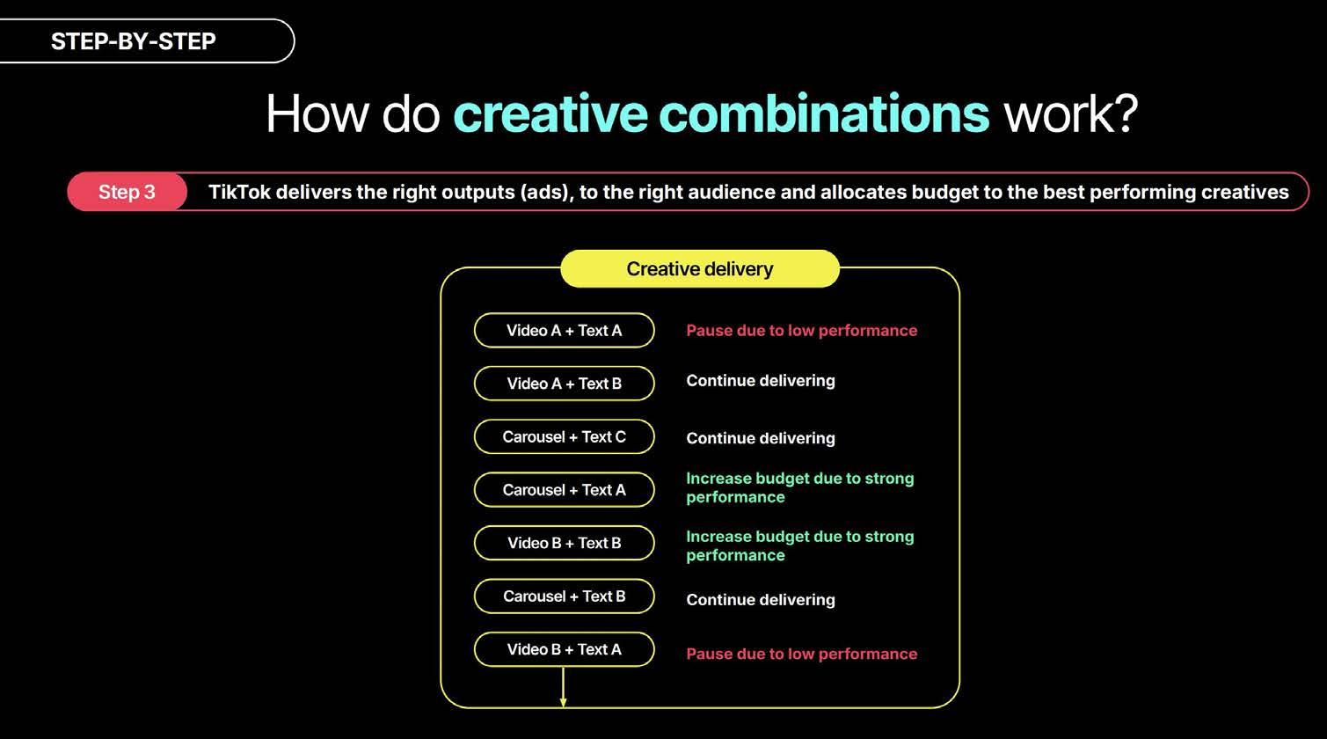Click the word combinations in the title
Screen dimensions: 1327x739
[x=824, y=113]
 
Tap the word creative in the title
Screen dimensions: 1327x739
[x=550, y=113]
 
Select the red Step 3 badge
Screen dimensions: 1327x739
[x=127, y=192]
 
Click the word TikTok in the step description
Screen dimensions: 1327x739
[x=239, y=192]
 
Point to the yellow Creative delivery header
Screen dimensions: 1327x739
[x=700, y=268]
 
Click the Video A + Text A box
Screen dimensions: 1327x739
[x=564, y=330]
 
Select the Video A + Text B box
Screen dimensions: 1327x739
[x=564, y=384]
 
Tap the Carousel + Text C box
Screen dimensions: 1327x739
[x=564, y=436]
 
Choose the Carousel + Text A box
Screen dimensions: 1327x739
[x=564, y=489]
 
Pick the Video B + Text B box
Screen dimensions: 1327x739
[x=564, y=543]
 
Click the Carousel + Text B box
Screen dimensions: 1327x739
[x=564, y=596]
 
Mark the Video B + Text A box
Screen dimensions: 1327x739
[x=564, y=649]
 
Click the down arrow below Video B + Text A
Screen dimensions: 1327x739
[x=563, y=687]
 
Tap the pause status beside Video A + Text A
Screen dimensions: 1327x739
[x=801, y=330]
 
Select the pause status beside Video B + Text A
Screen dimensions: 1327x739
[x=801, y=654]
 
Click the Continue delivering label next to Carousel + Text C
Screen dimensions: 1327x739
[x=761, y=438]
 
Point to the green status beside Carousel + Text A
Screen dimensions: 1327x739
[x=799, y=487]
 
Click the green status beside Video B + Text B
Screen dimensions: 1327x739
[x=799, y=545]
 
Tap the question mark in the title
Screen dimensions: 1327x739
[x=1125, y=113]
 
